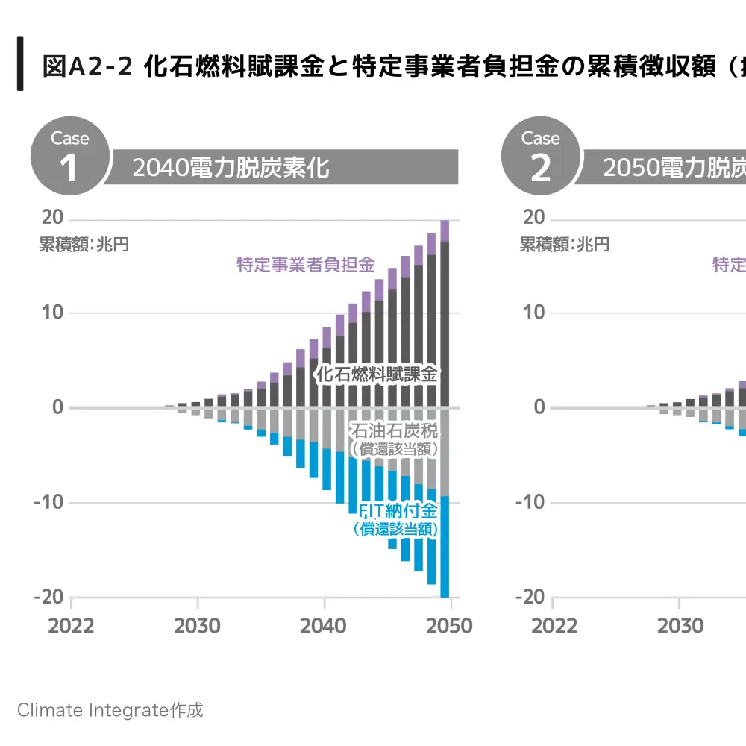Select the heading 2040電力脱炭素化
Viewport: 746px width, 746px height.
click(x=231, y=168)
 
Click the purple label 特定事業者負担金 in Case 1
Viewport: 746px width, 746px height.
click(x=305, y=265)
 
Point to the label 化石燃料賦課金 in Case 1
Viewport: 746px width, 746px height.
click(x=377, y=374)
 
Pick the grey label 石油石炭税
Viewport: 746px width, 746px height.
click(x=394, y=431)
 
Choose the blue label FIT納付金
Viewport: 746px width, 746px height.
click(x=397, y=511)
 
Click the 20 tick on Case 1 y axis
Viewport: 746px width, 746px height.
click(x=53, y=218)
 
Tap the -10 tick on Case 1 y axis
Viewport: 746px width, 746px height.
click(x=49, y=502)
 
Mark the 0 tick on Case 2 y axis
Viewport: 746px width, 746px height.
click(x=539, y=407)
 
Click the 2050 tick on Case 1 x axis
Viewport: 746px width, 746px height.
click(x=449, y=625)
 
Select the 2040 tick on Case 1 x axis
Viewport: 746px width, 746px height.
click(x=323, y=625)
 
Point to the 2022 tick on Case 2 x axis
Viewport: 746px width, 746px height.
click(x=554, y=625)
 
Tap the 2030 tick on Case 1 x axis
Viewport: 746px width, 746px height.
click(x=197, y=625)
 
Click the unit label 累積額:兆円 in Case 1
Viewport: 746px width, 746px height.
click(x=84, y=245)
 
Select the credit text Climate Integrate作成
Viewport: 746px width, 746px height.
click(x=110, y=709)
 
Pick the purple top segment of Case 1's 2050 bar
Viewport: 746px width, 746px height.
click(x=445, y=231)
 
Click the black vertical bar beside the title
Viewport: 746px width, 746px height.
click(x=20, y=63)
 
